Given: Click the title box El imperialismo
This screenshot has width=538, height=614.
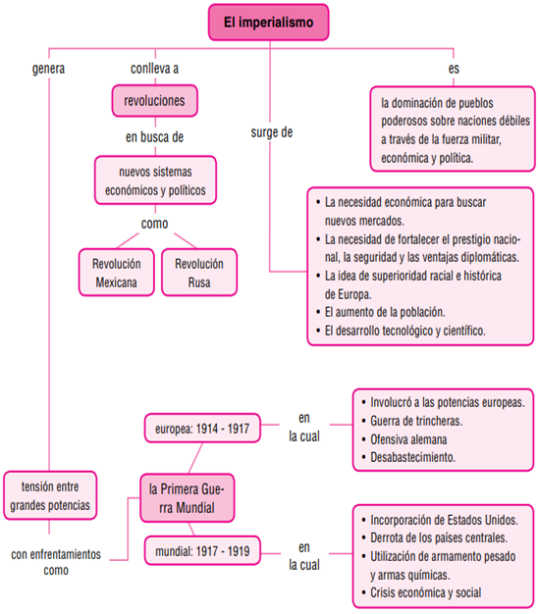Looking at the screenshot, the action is [x=268, y=23].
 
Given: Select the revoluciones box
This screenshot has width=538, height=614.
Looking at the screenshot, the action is [x=155, y=101].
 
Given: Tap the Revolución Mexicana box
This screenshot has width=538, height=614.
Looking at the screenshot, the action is [x=117, y=273].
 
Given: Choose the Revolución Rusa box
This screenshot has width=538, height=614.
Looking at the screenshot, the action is [x=199, y=273].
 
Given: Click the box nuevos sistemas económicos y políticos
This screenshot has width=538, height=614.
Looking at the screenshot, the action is [x=155, y=180].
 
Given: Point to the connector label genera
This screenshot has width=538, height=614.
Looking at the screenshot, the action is [x=48, y=69].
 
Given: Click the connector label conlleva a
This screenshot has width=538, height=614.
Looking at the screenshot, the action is [x=155, y=69].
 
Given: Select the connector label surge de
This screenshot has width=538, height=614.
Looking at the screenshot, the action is [x=272, y=132].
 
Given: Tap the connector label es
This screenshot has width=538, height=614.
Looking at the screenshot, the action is [x=454, y=69].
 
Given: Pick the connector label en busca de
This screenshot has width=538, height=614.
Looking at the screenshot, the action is [x=155, y=137].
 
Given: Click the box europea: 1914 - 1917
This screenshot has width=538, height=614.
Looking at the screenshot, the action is [x=202, y=429].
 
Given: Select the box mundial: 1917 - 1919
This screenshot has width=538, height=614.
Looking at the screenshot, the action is [x=202, y=551].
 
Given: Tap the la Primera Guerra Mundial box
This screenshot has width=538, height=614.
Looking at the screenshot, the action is [x=188, y=498].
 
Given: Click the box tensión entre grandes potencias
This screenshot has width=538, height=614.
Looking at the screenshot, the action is [x=50, y=495].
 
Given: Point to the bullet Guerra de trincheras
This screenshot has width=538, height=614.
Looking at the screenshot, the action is [x=412, y=421].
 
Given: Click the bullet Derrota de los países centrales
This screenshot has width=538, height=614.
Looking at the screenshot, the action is [x=435, y=538].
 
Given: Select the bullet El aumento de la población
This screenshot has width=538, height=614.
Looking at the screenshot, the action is [x=381, y=312].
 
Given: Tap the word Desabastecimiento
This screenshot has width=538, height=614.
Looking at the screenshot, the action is [x=413, y=457].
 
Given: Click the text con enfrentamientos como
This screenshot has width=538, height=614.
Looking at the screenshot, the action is [x=56, y=562].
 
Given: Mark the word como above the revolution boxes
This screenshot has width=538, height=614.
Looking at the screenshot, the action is [x=155, y=224].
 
